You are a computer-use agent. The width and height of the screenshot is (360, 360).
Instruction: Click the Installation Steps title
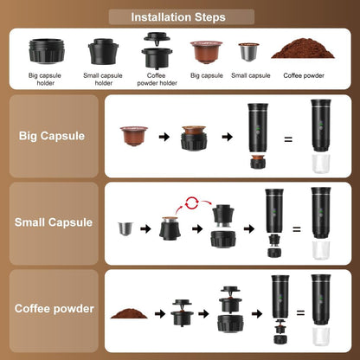179,16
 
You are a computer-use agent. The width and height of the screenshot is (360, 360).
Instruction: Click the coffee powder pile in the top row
299,50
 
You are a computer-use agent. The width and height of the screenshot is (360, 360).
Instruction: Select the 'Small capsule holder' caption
104,79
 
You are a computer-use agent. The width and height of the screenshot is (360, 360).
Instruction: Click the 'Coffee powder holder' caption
157,79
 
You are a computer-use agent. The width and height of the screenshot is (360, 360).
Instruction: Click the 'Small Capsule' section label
54,222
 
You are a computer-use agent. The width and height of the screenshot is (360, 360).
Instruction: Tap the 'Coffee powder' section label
54,307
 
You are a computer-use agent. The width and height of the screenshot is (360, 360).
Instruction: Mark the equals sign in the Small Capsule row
295,229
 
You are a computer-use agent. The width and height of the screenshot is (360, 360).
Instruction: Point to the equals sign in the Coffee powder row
300,312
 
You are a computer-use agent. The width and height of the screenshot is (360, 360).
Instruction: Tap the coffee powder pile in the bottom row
130,312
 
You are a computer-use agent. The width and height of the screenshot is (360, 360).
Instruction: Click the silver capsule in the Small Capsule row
125,229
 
